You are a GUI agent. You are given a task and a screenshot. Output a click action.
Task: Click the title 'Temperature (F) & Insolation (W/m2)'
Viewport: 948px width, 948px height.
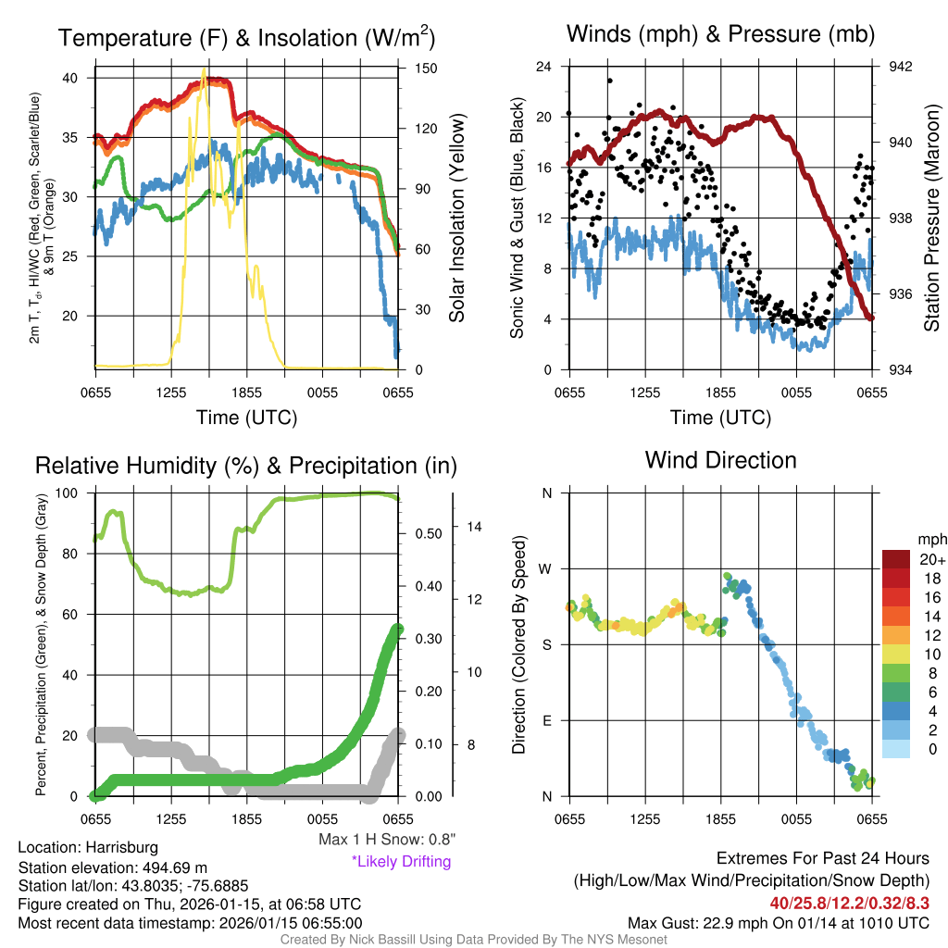(246, 38)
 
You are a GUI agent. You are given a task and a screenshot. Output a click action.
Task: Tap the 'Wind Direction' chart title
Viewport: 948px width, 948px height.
(720, 459)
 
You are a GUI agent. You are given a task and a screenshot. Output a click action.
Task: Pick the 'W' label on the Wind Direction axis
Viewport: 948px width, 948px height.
(546, 568)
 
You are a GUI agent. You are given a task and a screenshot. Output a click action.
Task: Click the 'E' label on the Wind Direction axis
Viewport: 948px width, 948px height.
(546, 720)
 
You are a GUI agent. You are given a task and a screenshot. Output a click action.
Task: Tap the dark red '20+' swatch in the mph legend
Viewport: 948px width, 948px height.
(896, 558)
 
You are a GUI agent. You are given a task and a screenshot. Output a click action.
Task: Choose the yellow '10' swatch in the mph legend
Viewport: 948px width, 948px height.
(896, 654)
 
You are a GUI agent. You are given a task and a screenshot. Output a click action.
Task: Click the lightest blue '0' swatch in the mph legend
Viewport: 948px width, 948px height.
(896, 748)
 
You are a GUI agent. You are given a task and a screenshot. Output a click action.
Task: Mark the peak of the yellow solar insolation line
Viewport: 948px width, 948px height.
(204, 70)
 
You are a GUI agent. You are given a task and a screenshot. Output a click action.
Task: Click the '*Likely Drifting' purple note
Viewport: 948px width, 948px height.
(401, 861)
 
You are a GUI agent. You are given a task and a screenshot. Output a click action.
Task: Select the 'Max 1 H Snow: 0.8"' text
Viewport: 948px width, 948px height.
(386, 840)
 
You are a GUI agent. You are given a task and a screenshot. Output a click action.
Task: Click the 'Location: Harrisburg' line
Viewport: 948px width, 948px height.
(88, 847)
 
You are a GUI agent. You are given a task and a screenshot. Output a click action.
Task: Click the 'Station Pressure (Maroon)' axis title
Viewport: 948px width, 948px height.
(931, 218)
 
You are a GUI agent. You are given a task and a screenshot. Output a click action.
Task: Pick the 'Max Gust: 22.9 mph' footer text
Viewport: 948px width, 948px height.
(778, 922)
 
